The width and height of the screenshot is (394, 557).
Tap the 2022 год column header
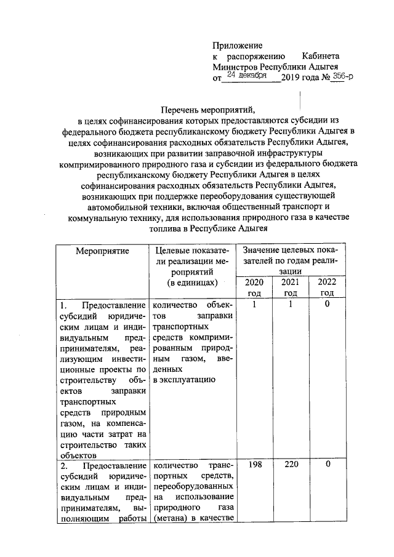click(x=327, y=287)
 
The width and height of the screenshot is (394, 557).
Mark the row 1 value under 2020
click(x=254, y=305)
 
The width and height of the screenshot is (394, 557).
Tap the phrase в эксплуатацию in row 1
click(x=184, y=379)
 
